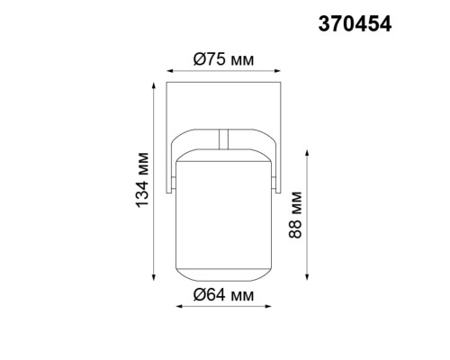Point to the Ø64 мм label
(223, 293)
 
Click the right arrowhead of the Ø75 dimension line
(278, 71)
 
